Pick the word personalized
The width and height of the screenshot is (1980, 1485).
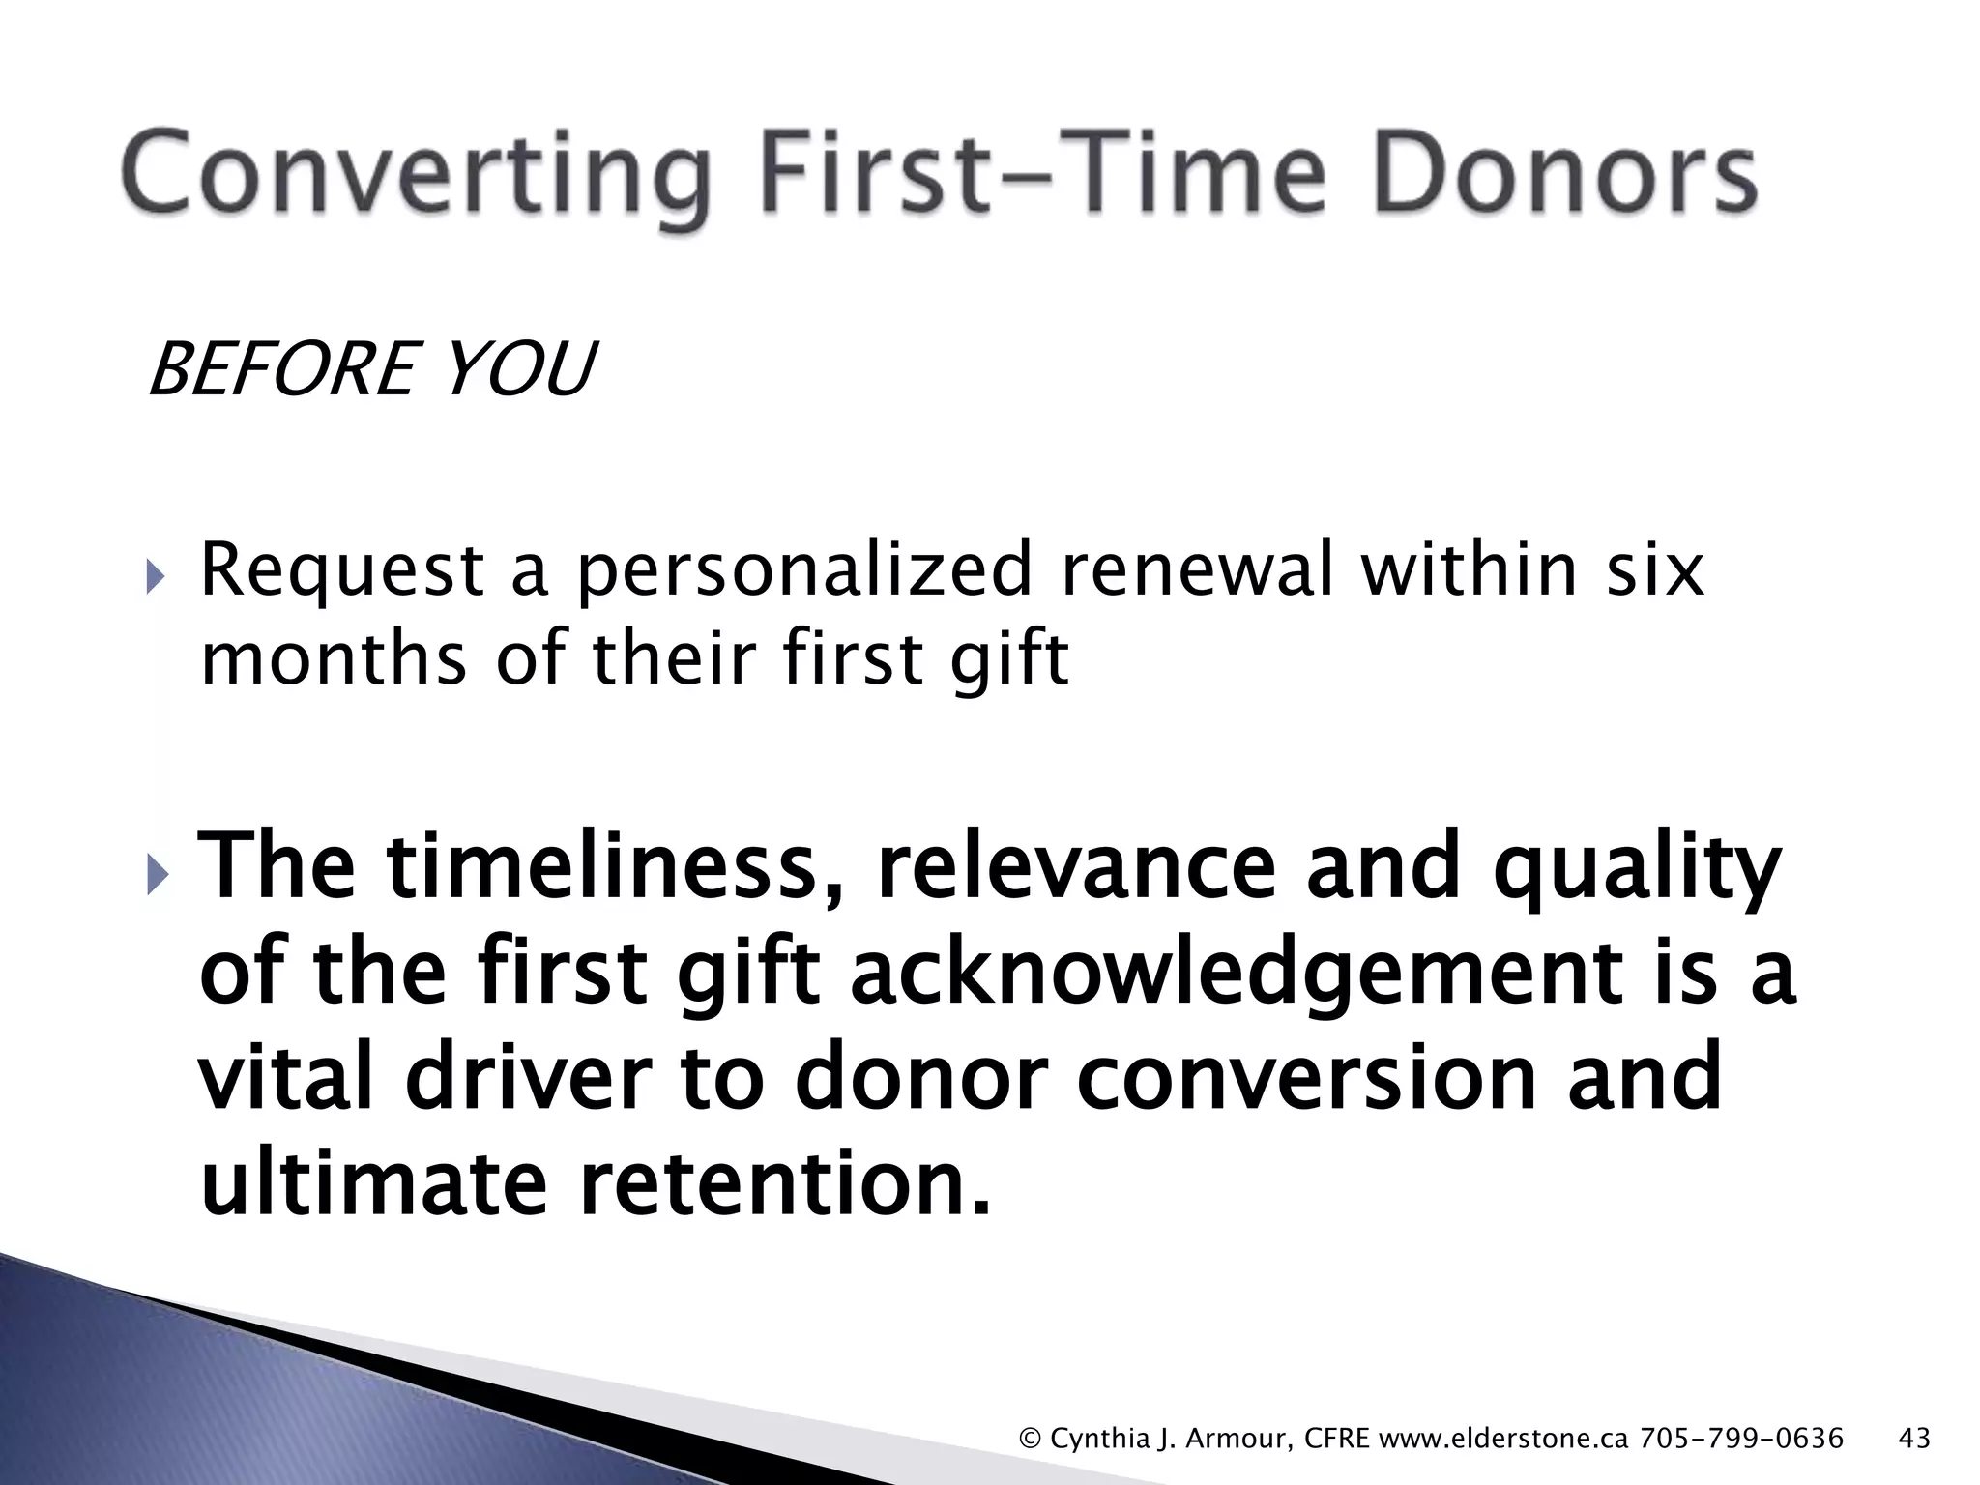pos(804,572)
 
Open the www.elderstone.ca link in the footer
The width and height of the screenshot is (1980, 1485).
pos(1503,1439)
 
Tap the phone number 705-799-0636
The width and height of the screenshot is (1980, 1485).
pos(1741,1439)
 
